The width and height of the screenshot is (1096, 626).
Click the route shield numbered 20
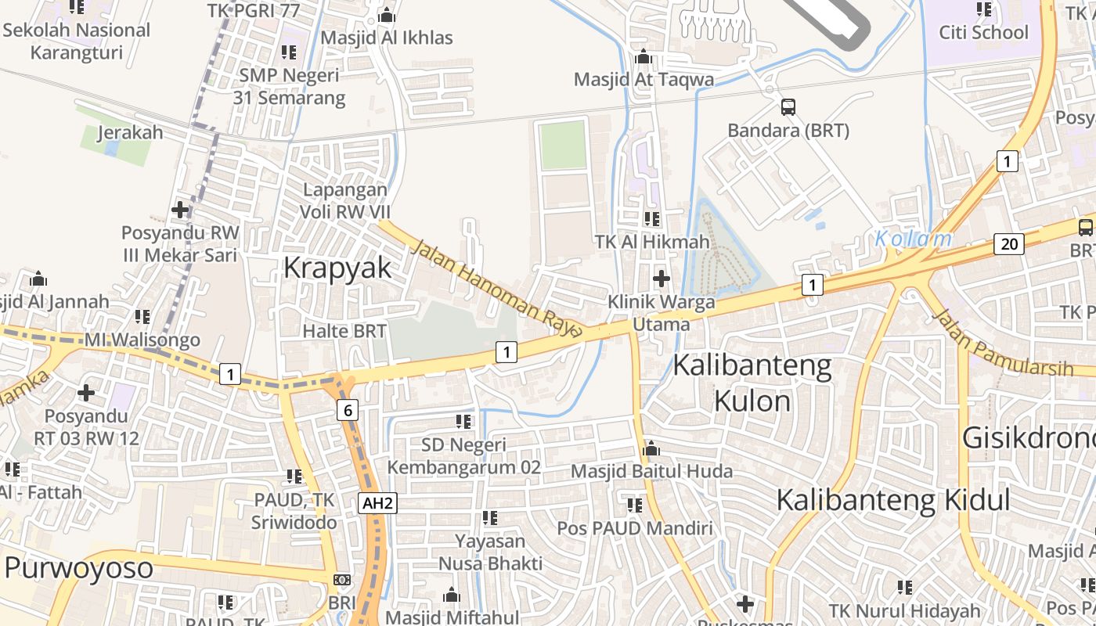click(x=1010, y=244)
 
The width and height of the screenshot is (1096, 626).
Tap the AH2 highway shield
click(x=377, y=503)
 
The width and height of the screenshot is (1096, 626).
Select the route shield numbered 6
click(x=348, y=409)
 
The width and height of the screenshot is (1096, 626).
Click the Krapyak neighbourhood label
click(x=337, y=268)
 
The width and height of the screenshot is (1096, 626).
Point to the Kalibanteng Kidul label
click(x=893, y=500)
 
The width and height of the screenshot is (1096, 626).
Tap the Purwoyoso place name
click(x=78, y=567)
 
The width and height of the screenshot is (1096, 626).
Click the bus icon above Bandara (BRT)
click(x=788, y=107)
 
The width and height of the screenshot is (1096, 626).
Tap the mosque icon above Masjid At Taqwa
click(x=644, y=57)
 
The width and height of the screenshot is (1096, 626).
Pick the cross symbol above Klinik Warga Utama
click(x=662, y=278)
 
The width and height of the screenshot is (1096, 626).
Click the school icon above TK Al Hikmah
click(x=651, y=219)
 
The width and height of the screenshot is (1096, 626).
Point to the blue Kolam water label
click(x=913, y=239)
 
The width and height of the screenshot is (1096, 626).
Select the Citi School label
click(x=983, y=33)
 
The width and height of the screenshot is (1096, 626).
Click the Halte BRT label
click(x=344, y=331)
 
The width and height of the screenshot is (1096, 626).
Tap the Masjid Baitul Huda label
click(x=651, y=471)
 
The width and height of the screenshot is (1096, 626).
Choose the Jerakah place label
click(x=130, y=132)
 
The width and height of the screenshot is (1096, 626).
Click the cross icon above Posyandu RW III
click(x=180, y=210)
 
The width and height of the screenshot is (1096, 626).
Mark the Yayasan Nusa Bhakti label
click(x=490, y=552)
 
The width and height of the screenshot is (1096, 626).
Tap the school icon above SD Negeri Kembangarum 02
click(x=463, y=422)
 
